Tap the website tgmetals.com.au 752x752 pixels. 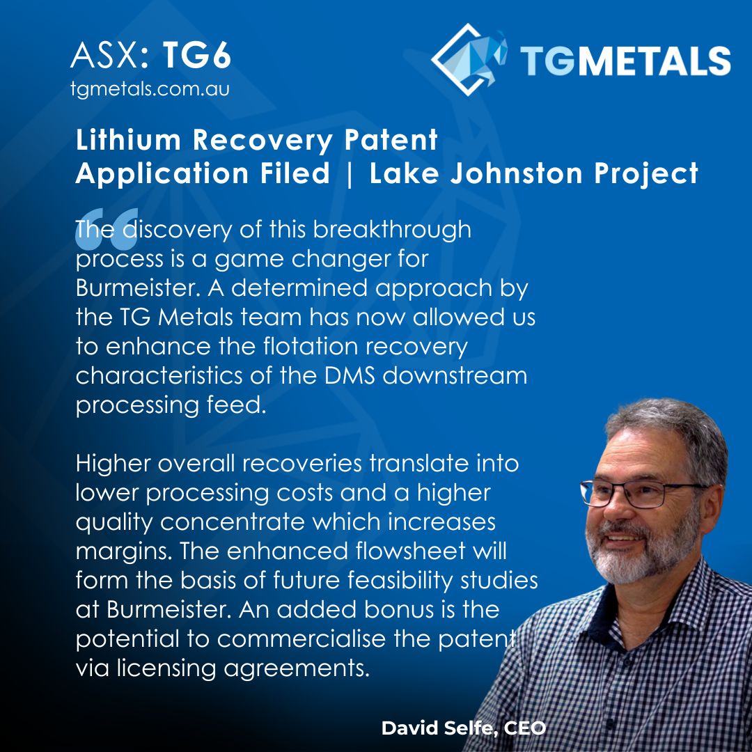150,90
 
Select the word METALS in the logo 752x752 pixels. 654,61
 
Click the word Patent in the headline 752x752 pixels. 394,141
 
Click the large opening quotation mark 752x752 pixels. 106,230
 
